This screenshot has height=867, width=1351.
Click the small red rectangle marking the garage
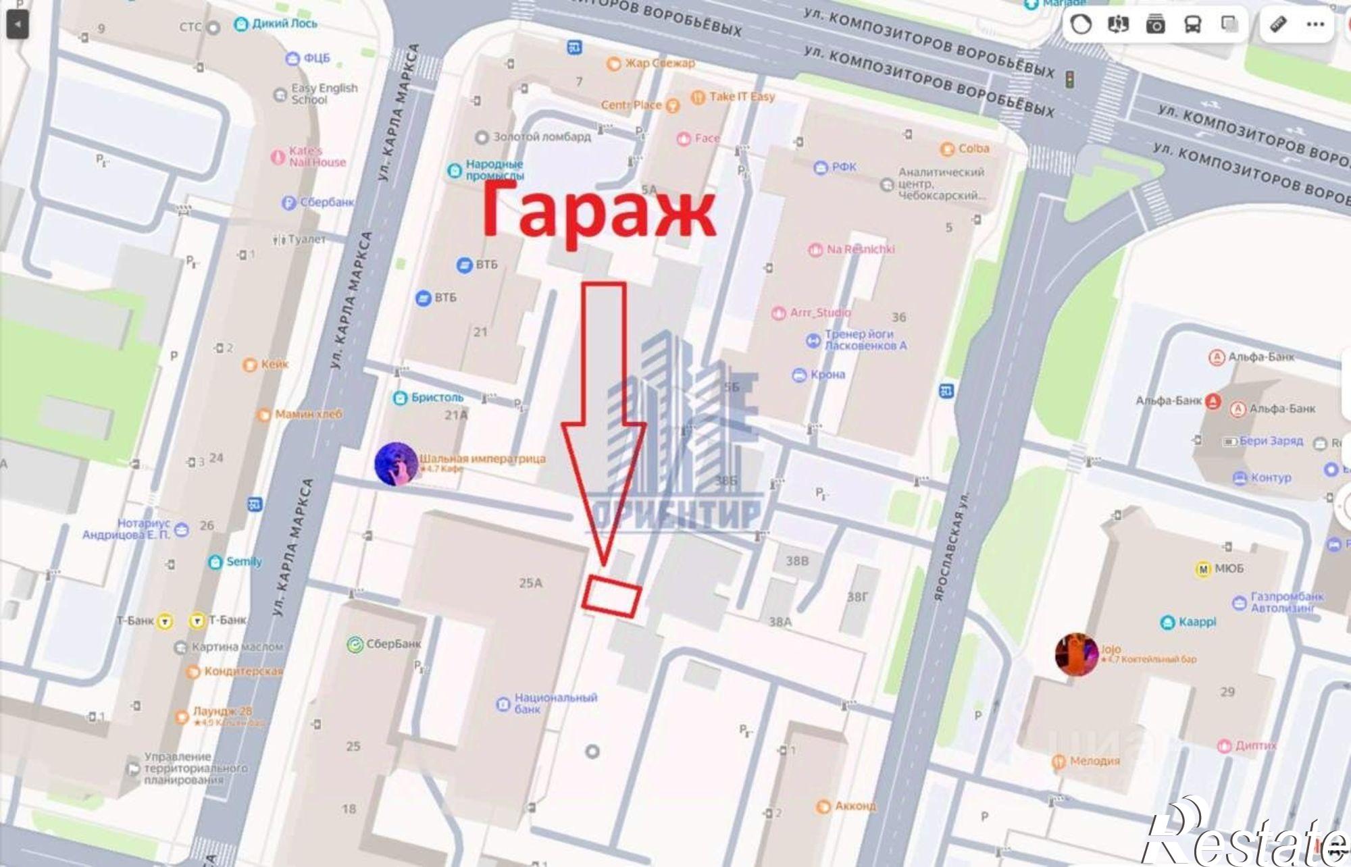point(611,596)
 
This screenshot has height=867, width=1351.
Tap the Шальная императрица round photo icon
point(396,464)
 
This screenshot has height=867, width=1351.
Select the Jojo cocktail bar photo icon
point(1077,654)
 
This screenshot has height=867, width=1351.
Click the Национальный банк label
point(555,703)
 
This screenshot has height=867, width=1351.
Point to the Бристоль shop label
point(436,398)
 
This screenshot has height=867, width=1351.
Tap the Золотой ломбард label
point(541,137)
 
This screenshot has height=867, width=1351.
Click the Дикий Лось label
point(284,24)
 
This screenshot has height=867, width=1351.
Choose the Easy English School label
point(324,94)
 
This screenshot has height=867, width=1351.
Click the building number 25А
point(531,583)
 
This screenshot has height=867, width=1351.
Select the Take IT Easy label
point(741,97)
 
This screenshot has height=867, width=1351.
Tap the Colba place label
point(973,149)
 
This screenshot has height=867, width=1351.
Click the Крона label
point(827,375)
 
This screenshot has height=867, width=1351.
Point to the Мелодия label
point(1094,761)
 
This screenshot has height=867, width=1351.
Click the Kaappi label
point(1197,622)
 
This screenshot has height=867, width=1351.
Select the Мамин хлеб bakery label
point(308,414)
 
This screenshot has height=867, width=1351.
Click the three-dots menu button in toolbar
point(1315,25)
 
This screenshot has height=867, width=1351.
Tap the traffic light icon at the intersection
point(1069,80)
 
